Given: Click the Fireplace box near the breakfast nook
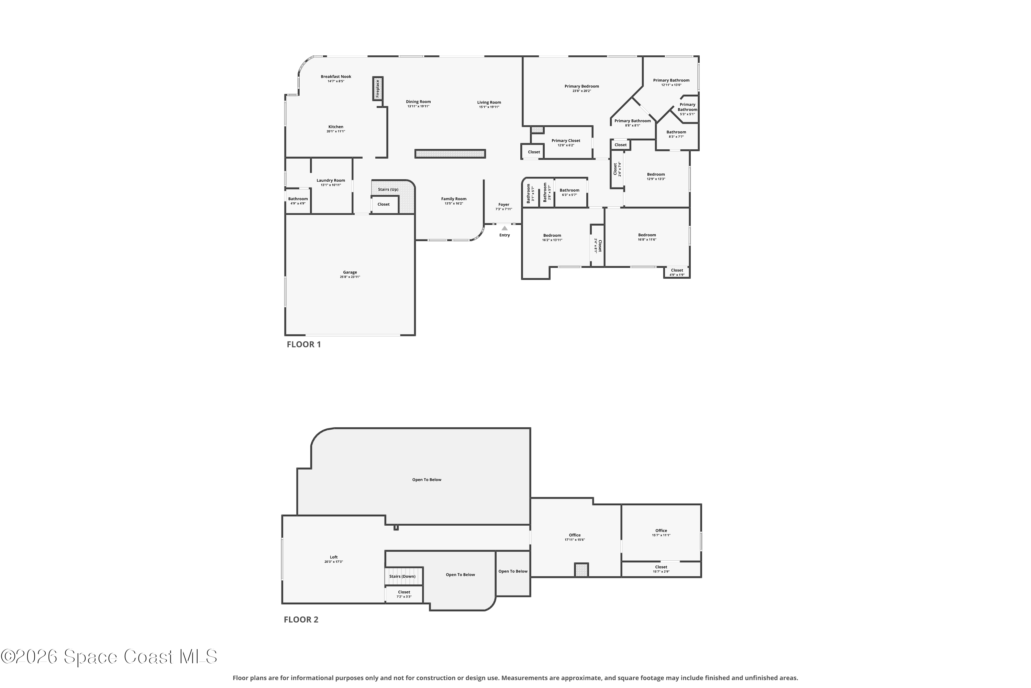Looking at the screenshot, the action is [378, 89].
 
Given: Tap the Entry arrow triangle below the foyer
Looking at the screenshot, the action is [505, 228].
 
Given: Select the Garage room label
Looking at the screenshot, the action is [350, 272].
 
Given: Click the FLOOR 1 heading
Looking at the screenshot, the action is [304, 344].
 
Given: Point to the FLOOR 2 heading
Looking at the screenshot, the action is [301, 620].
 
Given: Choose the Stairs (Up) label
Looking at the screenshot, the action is [388, 190].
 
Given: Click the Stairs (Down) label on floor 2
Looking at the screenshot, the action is [402, 577].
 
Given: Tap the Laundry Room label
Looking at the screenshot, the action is [331, 180].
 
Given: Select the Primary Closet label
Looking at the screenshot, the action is [566, 141].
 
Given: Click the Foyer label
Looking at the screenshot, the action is [504, 204].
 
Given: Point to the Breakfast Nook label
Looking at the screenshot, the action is [336, 77].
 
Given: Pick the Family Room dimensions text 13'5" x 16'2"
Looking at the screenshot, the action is [454, 204].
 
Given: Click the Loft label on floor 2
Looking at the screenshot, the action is [334, 557].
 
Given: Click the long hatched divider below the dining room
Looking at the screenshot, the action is [450, 153].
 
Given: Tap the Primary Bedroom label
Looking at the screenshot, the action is [582, 86].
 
